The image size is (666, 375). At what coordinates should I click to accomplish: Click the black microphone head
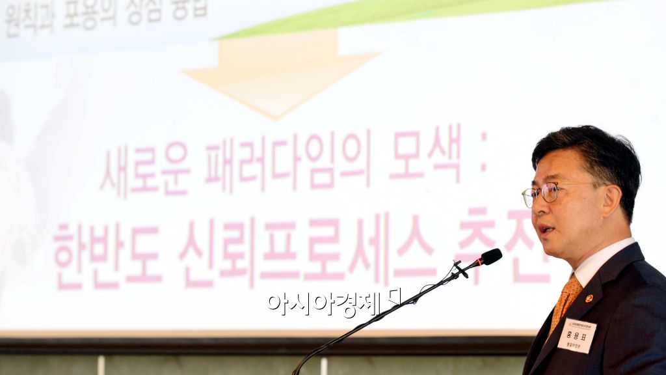(x=491, y=257)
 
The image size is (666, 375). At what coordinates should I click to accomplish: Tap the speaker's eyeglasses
(x=547, y=193)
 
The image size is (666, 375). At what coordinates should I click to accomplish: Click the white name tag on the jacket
(x=576, y=335)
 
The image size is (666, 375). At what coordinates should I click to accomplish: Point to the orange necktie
(x=565, y=300)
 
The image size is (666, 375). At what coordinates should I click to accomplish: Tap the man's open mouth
(x=545, y=230)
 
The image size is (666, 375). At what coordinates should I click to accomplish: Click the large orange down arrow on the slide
(x=280, y=72)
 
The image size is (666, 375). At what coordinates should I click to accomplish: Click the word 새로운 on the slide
(x=145, y=170)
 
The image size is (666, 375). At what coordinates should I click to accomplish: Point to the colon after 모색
(x=483, y=158)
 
